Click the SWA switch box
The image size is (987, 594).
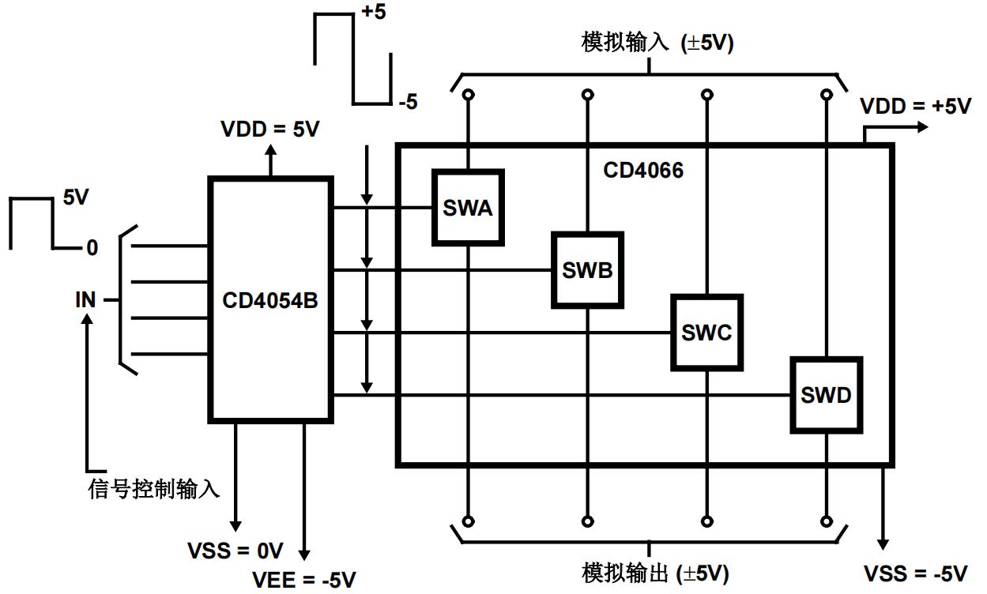(469, 208)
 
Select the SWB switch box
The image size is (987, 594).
(587, 270)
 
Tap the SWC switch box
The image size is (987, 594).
(706, 333)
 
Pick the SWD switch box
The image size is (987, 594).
(826, 395)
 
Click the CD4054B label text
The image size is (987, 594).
(269, 300)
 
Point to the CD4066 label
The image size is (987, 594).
(642, 170)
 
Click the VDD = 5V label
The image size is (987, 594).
(271, 130)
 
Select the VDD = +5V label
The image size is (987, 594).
(915, 107)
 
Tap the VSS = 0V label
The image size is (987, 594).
(235, 551)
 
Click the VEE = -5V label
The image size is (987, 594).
(304, 579)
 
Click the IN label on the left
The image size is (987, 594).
(85, 300)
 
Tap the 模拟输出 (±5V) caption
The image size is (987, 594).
(655, 573)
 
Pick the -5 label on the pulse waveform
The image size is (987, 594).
(408, 103)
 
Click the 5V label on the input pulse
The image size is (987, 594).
(76, 197)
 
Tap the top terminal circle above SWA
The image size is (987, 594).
(469, 95)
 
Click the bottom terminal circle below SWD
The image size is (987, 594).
(827, 521)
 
